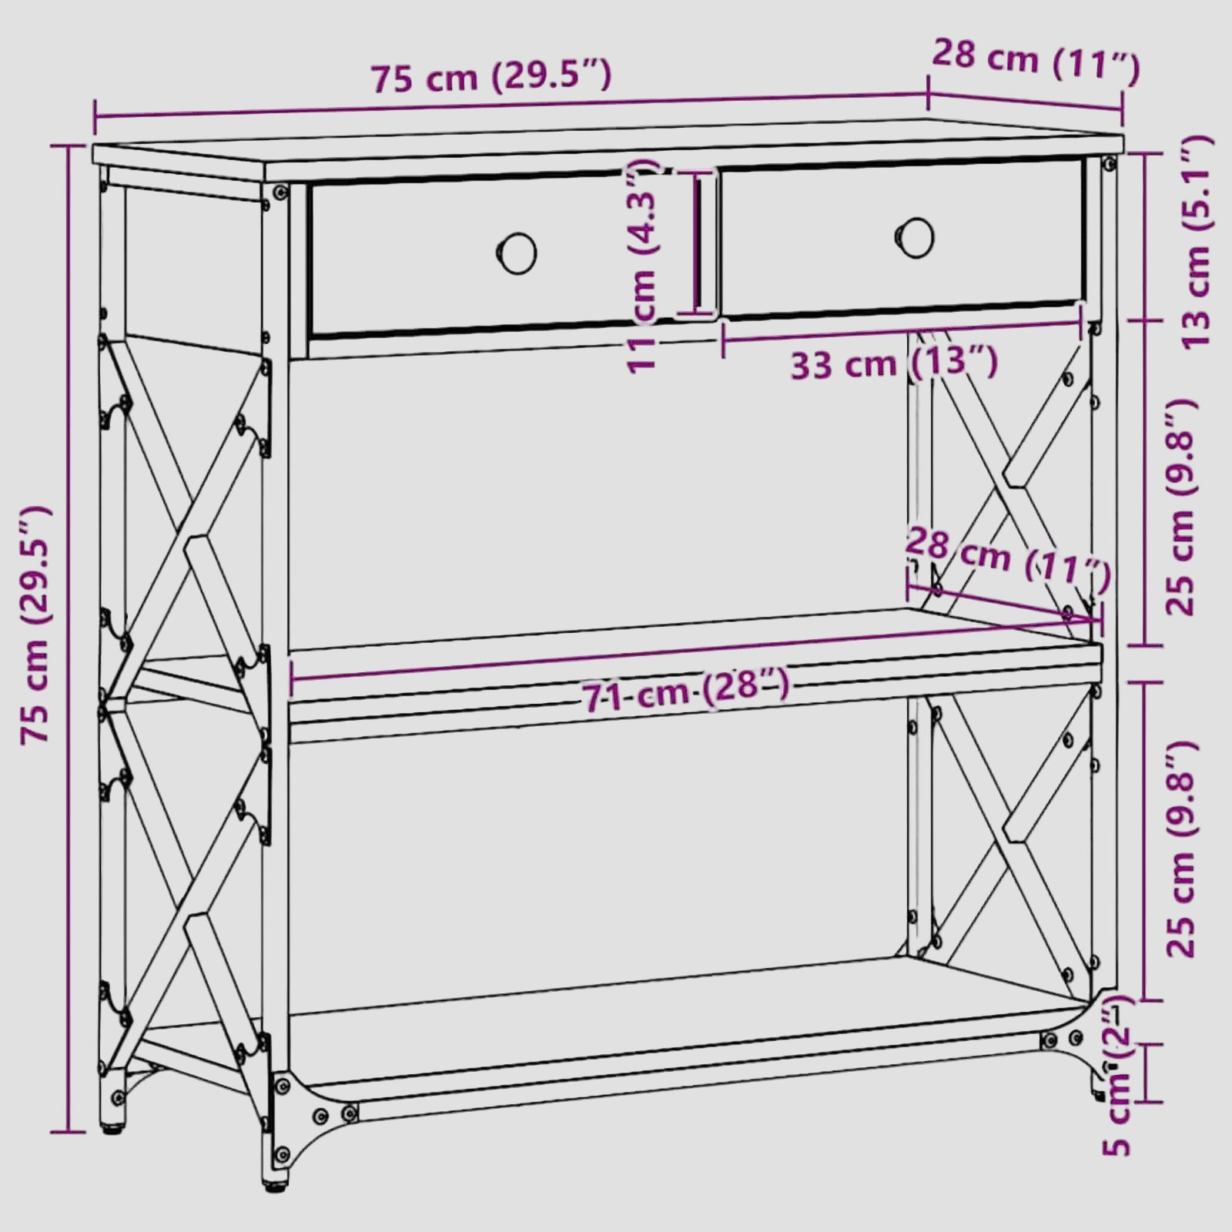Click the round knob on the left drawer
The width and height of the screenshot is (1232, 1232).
click(517, 253)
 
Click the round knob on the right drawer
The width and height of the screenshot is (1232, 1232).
click(915, 238)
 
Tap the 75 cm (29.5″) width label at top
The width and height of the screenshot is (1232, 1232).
click(491, 77)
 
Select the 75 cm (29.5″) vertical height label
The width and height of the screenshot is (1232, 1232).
click(37, 624)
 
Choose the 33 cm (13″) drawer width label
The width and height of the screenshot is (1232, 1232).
click(894, 362)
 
